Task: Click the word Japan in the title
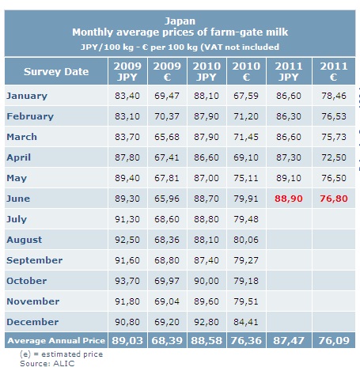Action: coord(180,21)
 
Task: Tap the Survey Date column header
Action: coord(56,72)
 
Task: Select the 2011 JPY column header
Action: coord(289,71)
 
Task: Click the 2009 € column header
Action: coord(167,71)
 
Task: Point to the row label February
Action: coord(30,116)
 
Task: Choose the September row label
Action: coord(35,260)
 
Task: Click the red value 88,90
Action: coord(289,199)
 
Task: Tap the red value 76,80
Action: coord(334,199)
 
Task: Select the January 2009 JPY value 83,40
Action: coord(127,96)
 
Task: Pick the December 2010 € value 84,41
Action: coord(246,322)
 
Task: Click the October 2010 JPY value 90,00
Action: coord(207,281)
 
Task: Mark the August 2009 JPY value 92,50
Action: coord(127,240)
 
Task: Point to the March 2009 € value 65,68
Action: coord(167,137)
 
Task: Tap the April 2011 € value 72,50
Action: coord(334,157)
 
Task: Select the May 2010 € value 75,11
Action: coord(246,178)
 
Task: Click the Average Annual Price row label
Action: coord(56,340)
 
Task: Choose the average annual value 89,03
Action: coord(127,341)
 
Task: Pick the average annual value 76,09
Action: coord(334,341)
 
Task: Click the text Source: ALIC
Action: coord(47,364)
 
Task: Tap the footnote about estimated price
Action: coord(62,354)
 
